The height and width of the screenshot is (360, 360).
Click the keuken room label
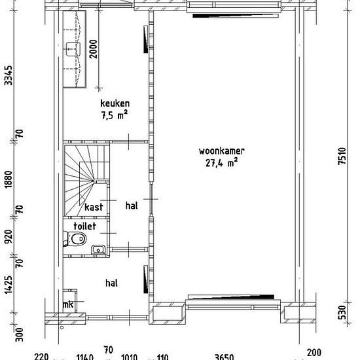(x=115, y=103)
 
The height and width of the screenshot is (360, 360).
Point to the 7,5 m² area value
(x=114, y=114)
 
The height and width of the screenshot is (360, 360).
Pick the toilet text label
(x=85, y=225)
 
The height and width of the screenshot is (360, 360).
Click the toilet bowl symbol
(x=78, y=239)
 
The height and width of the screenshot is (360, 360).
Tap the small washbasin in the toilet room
(x=98, y=248)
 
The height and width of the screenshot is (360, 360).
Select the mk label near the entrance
(x=67, y=305)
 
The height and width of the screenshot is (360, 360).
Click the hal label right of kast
(x=131, y=206)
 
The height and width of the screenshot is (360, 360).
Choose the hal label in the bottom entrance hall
(x=111, y=283)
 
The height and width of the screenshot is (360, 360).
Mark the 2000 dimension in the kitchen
(x=95, y=50)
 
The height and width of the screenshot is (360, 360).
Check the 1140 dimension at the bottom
(x=84, y=357)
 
